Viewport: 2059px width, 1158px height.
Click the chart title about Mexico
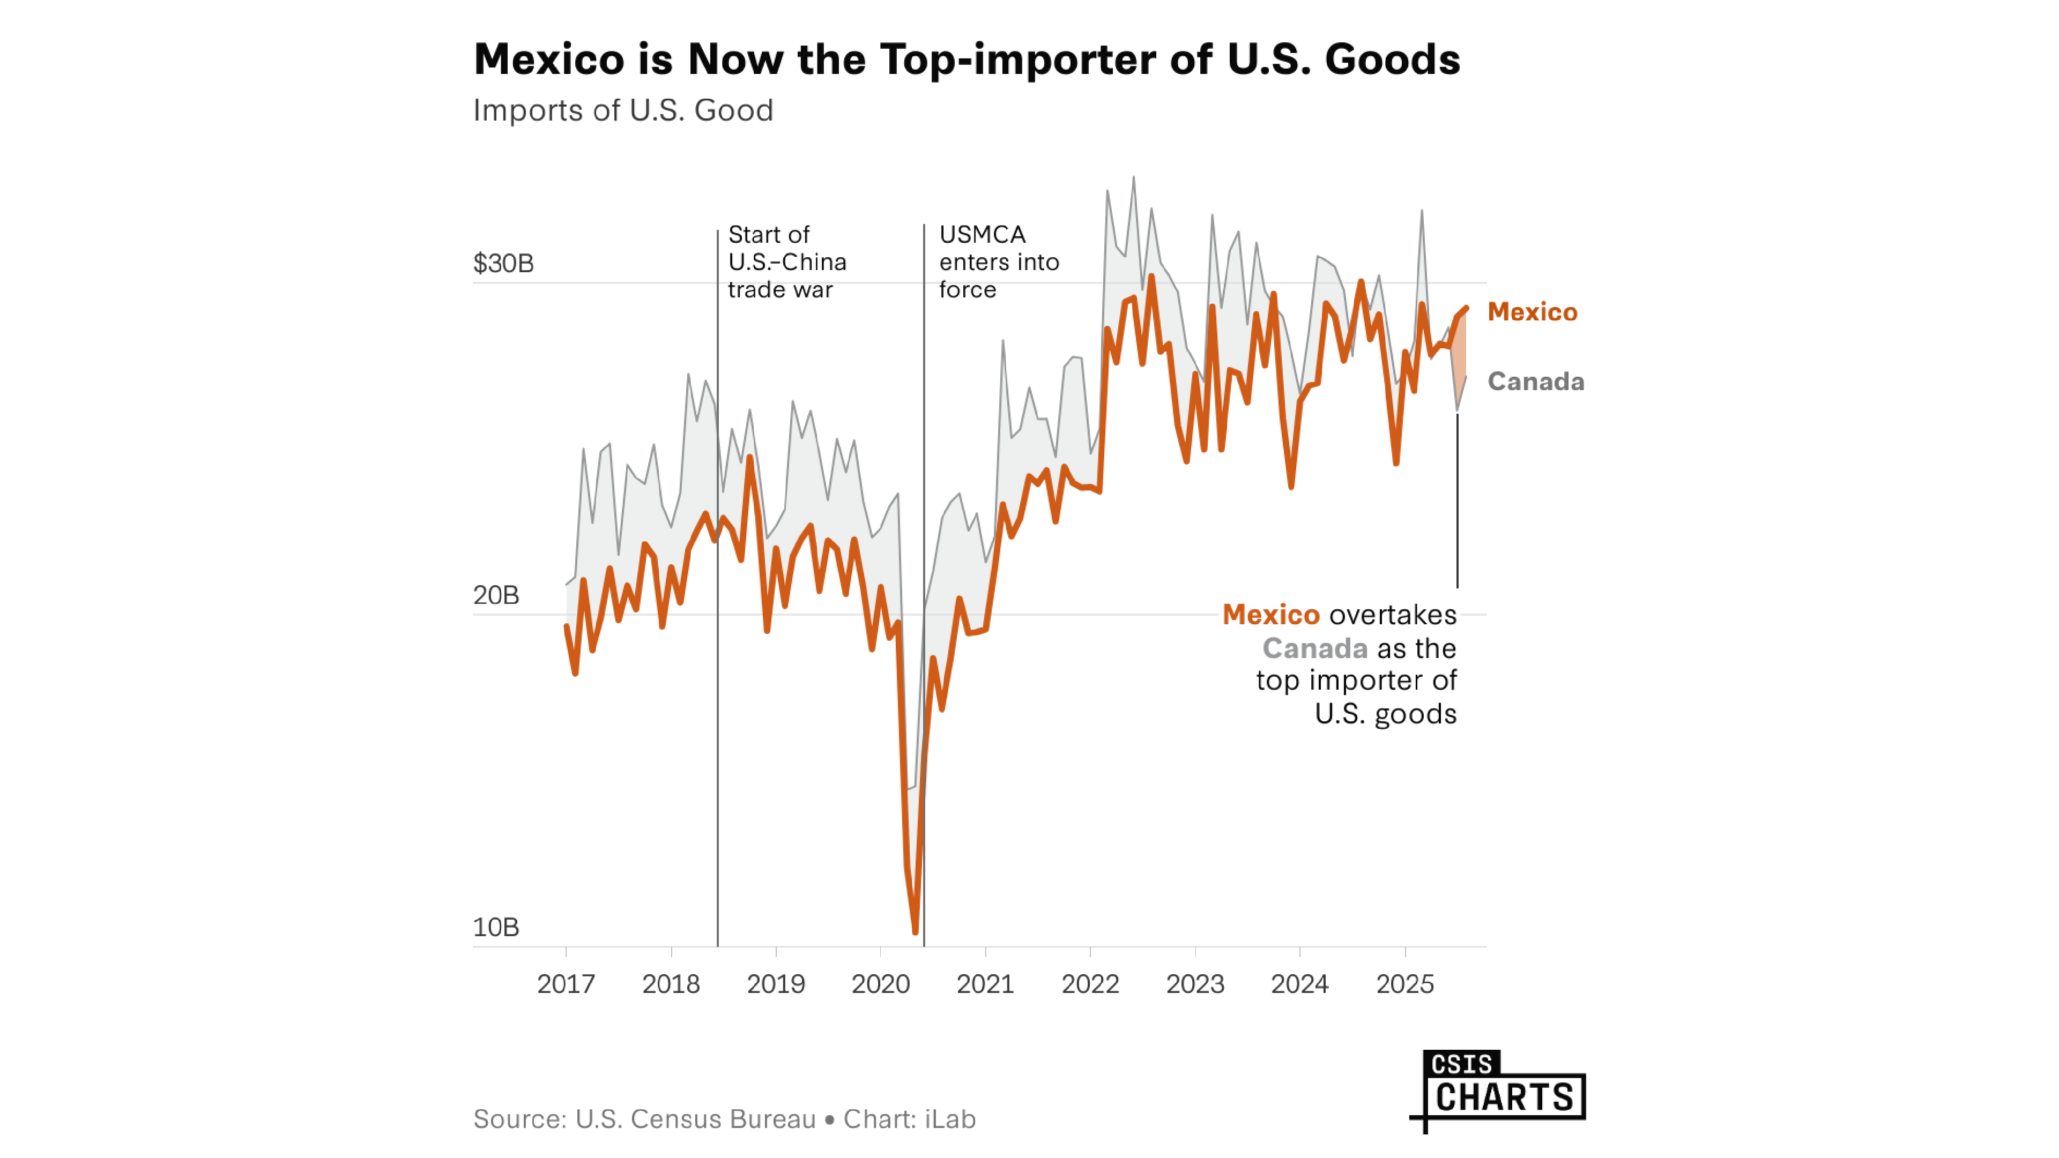[967, 59]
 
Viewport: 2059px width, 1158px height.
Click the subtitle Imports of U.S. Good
[623, 110]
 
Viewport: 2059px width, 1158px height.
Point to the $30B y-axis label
[503, 263]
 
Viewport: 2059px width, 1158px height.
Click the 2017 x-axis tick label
[566, 984]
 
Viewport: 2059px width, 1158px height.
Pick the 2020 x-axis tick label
[880, 984]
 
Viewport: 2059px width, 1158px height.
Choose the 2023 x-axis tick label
[1195, 984]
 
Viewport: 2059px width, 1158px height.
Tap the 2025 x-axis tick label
[1404, 984]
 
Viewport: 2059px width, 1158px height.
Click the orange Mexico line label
[1532, 312]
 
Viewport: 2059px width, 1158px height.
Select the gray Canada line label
[1535, 381]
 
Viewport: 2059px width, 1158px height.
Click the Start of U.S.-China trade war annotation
[786, 262]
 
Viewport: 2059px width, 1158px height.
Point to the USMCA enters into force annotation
[998, 262]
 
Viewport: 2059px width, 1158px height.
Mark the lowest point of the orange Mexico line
[915, 931]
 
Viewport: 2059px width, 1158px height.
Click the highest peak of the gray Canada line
[1133, 178]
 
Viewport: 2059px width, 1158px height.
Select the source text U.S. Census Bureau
[695, 1119]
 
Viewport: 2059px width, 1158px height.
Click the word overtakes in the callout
[1392, 615]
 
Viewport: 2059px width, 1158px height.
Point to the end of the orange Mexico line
[1466, 308]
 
